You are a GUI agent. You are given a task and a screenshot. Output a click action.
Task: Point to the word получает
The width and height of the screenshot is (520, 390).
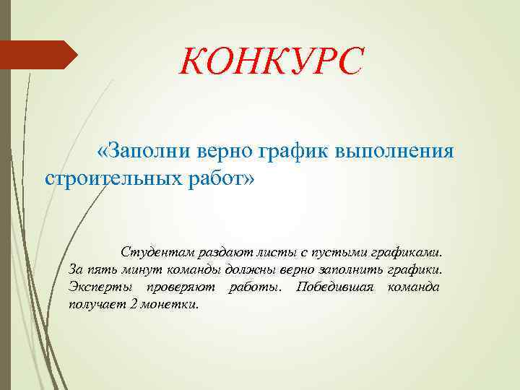tap(95, 305)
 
